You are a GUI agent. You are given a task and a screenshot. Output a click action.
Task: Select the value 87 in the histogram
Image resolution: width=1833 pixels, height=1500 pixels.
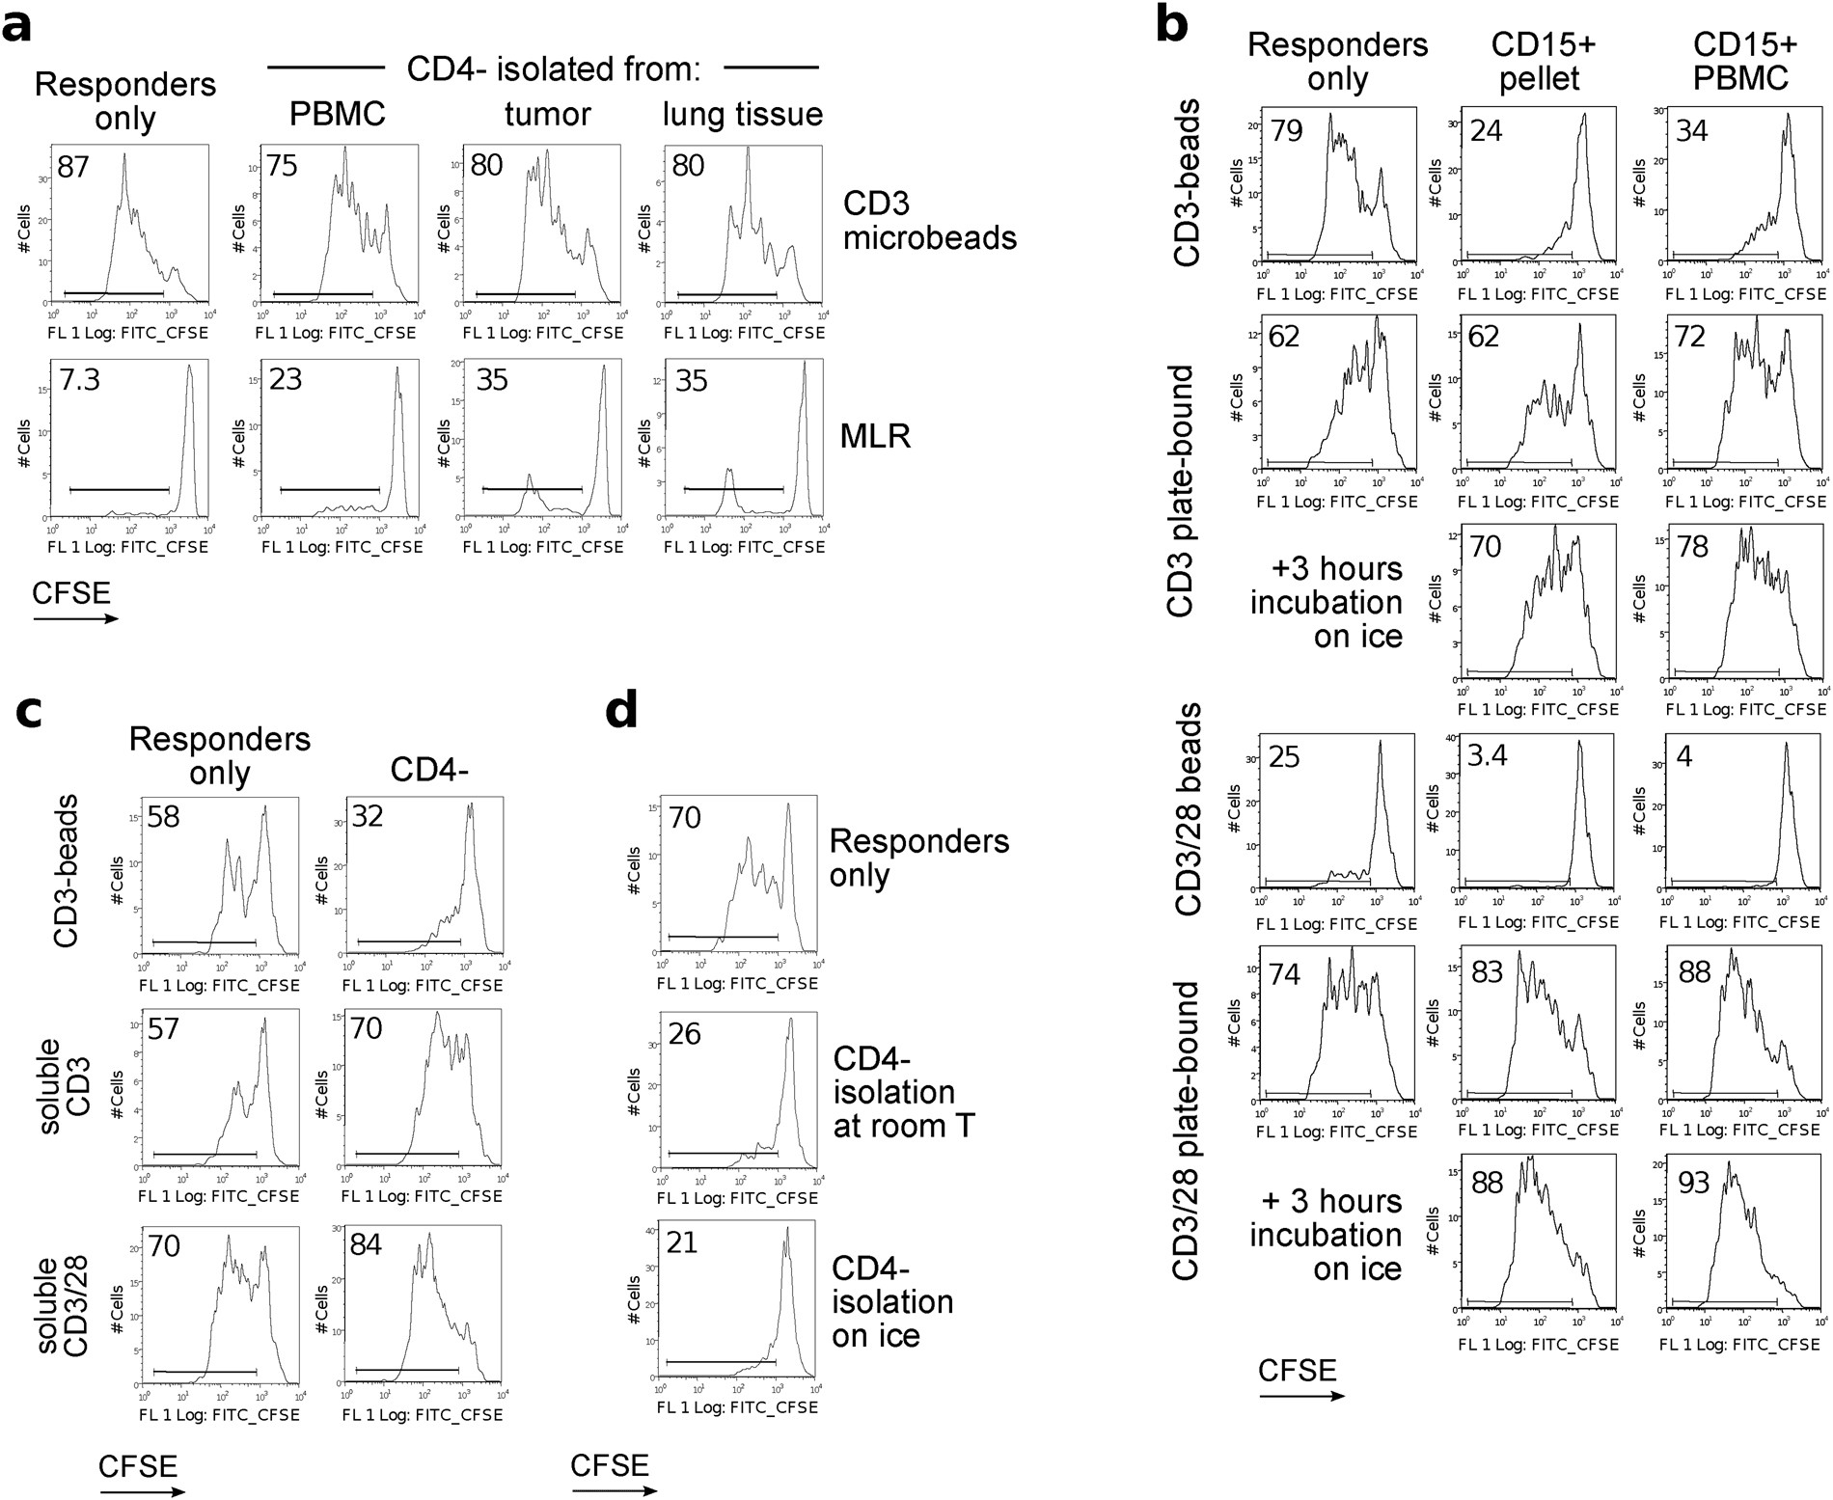click(73, 167)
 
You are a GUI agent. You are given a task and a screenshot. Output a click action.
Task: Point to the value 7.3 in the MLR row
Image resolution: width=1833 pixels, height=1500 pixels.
click(78, 379)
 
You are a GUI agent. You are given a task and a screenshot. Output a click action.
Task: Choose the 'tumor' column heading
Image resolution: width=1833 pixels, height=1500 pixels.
click(547, 115)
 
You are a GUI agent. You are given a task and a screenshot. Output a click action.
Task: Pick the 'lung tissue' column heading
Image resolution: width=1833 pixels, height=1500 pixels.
click(742, 115)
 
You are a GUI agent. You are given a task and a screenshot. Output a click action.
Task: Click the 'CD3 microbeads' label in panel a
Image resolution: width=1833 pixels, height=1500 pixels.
click(929, 219)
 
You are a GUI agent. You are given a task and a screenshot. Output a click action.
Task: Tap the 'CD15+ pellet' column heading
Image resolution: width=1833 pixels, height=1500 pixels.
click(1540, 61)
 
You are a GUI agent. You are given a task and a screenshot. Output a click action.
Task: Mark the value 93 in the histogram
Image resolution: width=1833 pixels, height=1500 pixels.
click(1693, 1182)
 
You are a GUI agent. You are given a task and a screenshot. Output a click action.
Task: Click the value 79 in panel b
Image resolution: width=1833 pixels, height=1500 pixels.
click(1286, 129)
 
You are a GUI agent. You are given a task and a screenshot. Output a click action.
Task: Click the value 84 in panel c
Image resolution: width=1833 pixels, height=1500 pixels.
click(366, 1245)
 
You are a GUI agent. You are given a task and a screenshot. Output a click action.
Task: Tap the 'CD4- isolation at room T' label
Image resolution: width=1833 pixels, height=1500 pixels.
click(902, 1093)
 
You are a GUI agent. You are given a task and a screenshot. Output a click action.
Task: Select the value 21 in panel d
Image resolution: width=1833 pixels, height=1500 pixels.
click(682, 1242)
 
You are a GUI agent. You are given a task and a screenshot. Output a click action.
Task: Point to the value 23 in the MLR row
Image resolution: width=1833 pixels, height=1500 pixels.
click(286, 379)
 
